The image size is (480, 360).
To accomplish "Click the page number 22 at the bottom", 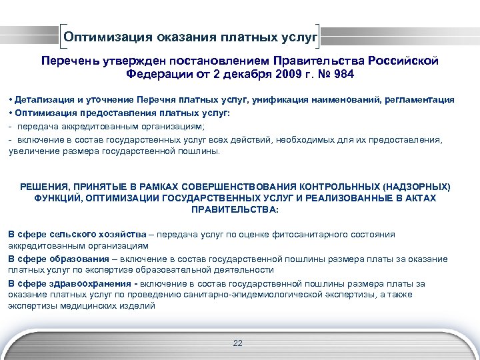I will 238,343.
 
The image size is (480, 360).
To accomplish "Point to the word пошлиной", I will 199,151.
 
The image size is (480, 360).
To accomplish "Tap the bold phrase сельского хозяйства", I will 105,234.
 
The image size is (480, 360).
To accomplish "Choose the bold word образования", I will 76,259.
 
